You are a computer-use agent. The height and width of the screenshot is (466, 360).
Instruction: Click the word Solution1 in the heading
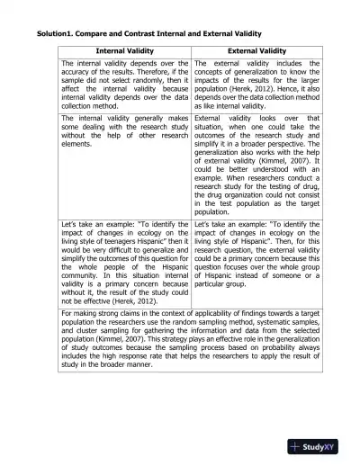[x=57, y=34]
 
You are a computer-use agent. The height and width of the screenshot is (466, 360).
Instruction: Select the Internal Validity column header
[x=124, y=51]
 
